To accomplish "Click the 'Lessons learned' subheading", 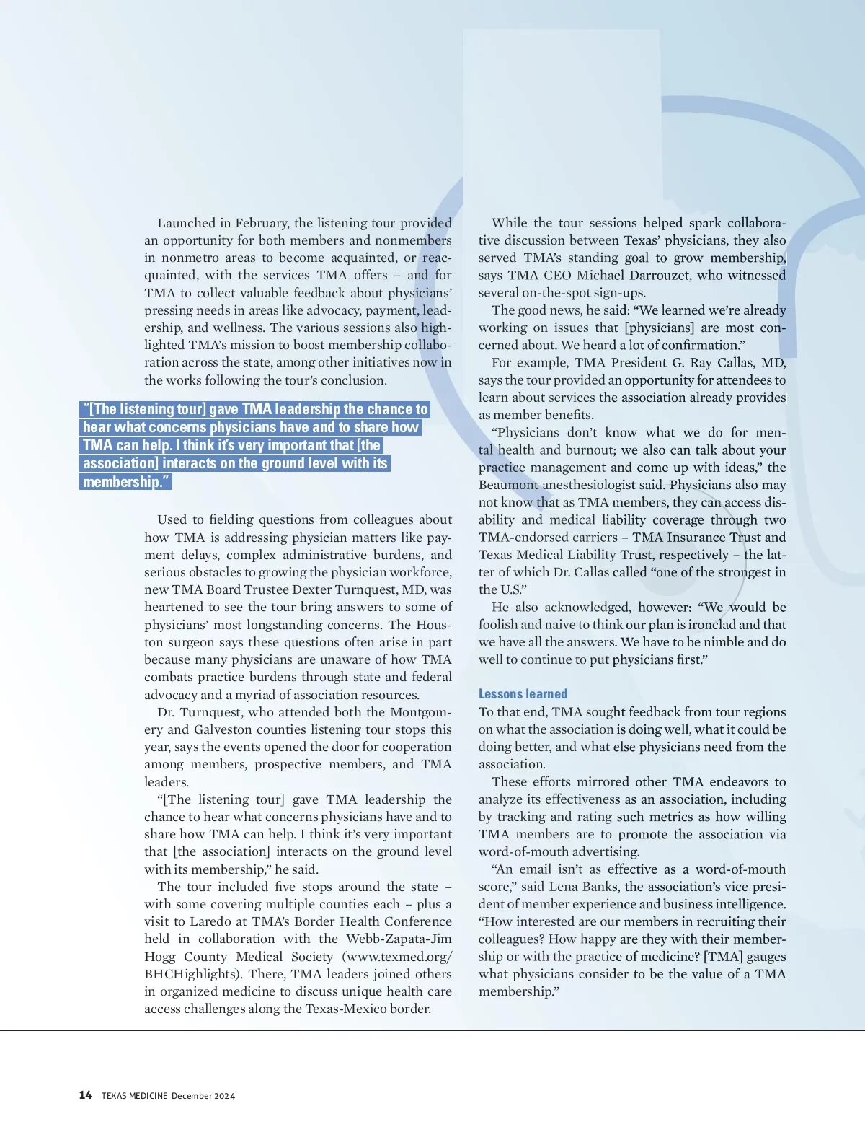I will click(x=523, y=694).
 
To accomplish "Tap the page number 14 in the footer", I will click(x=85, y=1095).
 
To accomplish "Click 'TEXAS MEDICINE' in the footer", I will click(x=134, y=1096).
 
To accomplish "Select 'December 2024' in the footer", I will click(x=203, y=1096).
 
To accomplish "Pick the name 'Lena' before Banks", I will click(x=566, y=887).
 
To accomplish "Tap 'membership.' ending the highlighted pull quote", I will click(x=125, y=482).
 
